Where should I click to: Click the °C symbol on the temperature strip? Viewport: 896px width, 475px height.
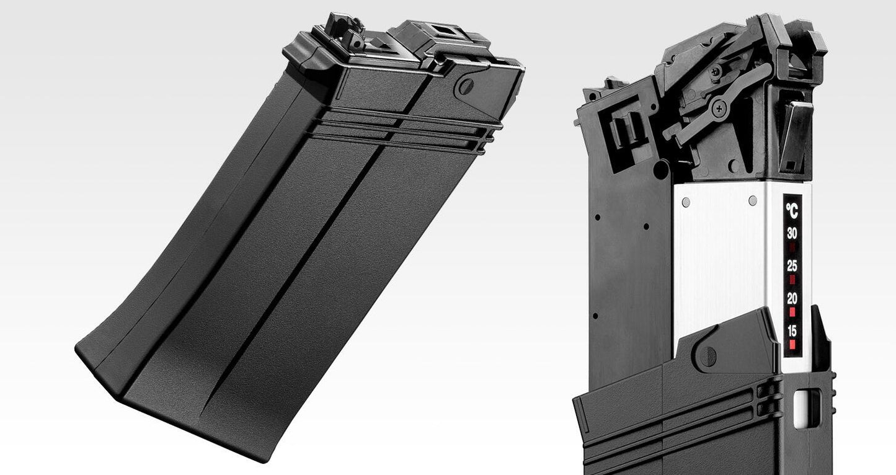(792, 210)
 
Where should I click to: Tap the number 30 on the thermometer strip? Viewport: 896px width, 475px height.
(792, 234)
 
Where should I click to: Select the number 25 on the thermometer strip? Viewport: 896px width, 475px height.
(792, 266)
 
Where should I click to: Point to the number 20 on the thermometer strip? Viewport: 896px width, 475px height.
(792, 298)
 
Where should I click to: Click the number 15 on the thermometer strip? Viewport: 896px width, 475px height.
(792, 331)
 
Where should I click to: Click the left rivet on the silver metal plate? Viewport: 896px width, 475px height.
(686, 202)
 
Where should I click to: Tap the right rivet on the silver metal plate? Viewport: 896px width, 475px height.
(752, 201)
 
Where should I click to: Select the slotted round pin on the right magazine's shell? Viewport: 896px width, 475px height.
(707, 356)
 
